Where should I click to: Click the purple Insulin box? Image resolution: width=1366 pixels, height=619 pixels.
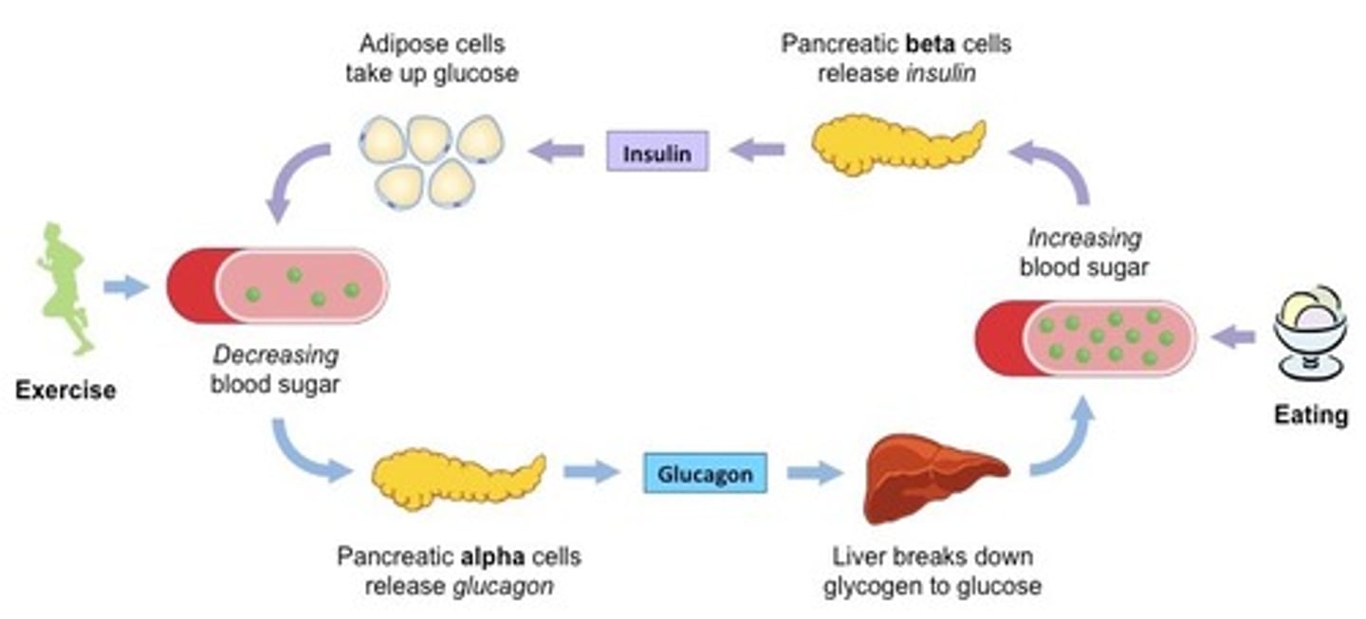(x=657, y=151)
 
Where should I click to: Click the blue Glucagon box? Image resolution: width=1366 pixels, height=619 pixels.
(x=705, y=474)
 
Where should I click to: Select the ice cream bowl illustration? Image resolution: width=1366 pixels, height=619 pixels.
(x=1309, y=332)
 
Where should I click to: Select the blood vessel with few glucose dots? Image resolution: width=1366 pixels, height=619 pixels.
(x=278, y=286)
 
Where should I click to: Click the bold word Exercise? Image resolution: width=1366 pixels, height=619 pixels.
(x=65, y=390)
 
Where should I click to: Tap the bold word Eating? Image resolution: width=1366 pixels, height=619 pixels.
(x=1310, y=414)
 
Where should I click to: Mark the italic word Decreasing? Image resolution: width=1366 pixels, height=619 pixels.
(x=275, y=355)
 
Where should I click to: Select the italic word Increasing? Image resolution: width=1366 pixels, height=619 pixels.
(x=1084, y=237)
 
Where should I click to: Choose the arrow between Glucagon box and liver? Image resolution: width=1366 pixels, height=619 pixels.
(x=814, y=473)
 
